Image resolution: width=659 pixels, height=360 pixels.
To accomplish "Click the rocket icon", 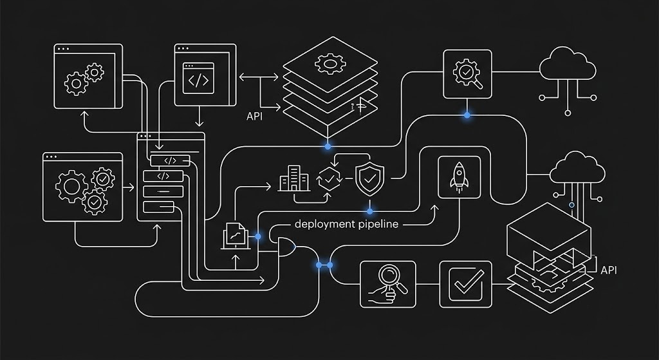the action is coord(459,177).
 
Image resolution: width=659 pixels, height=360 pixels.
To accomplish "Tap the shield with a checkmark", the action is coord(369,179).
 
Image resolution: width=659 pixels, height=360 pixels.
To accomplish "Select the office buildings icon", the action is coord(294,178).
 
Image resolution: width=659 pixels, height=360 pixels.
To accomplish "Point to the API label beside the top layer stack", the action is coord(254,117).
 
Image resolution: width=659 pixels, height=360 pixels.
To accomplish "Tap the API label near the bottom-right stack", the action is coord(609,270).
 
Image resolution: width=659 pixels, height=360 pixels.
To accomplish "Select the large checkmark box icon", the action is coord(466,284).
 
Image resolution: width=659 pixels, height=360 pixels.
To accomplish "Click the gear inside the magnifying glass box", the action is coord(465,72).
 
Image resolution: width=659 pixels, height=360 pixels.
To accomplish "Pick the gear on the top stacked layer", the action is coord(330,64).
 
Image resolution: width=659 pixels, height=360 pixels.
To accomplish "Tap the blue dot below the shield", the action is coord(369,211).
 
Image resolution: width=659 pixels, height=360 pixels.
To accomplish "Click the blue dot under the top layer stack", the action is coord(328,146).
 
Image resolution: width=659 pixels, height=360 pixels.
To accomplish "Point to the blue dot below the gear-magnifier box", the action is coord(467,115).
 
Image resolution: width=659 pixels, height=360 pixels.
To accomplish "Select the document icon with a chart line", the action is coord(236,236).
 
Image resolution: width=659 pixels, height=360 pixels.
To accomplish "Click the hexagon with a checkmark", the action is coord(330,179).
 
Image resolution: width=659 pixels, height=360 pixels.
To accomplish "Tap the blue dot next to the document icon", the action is coord(257,237).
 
